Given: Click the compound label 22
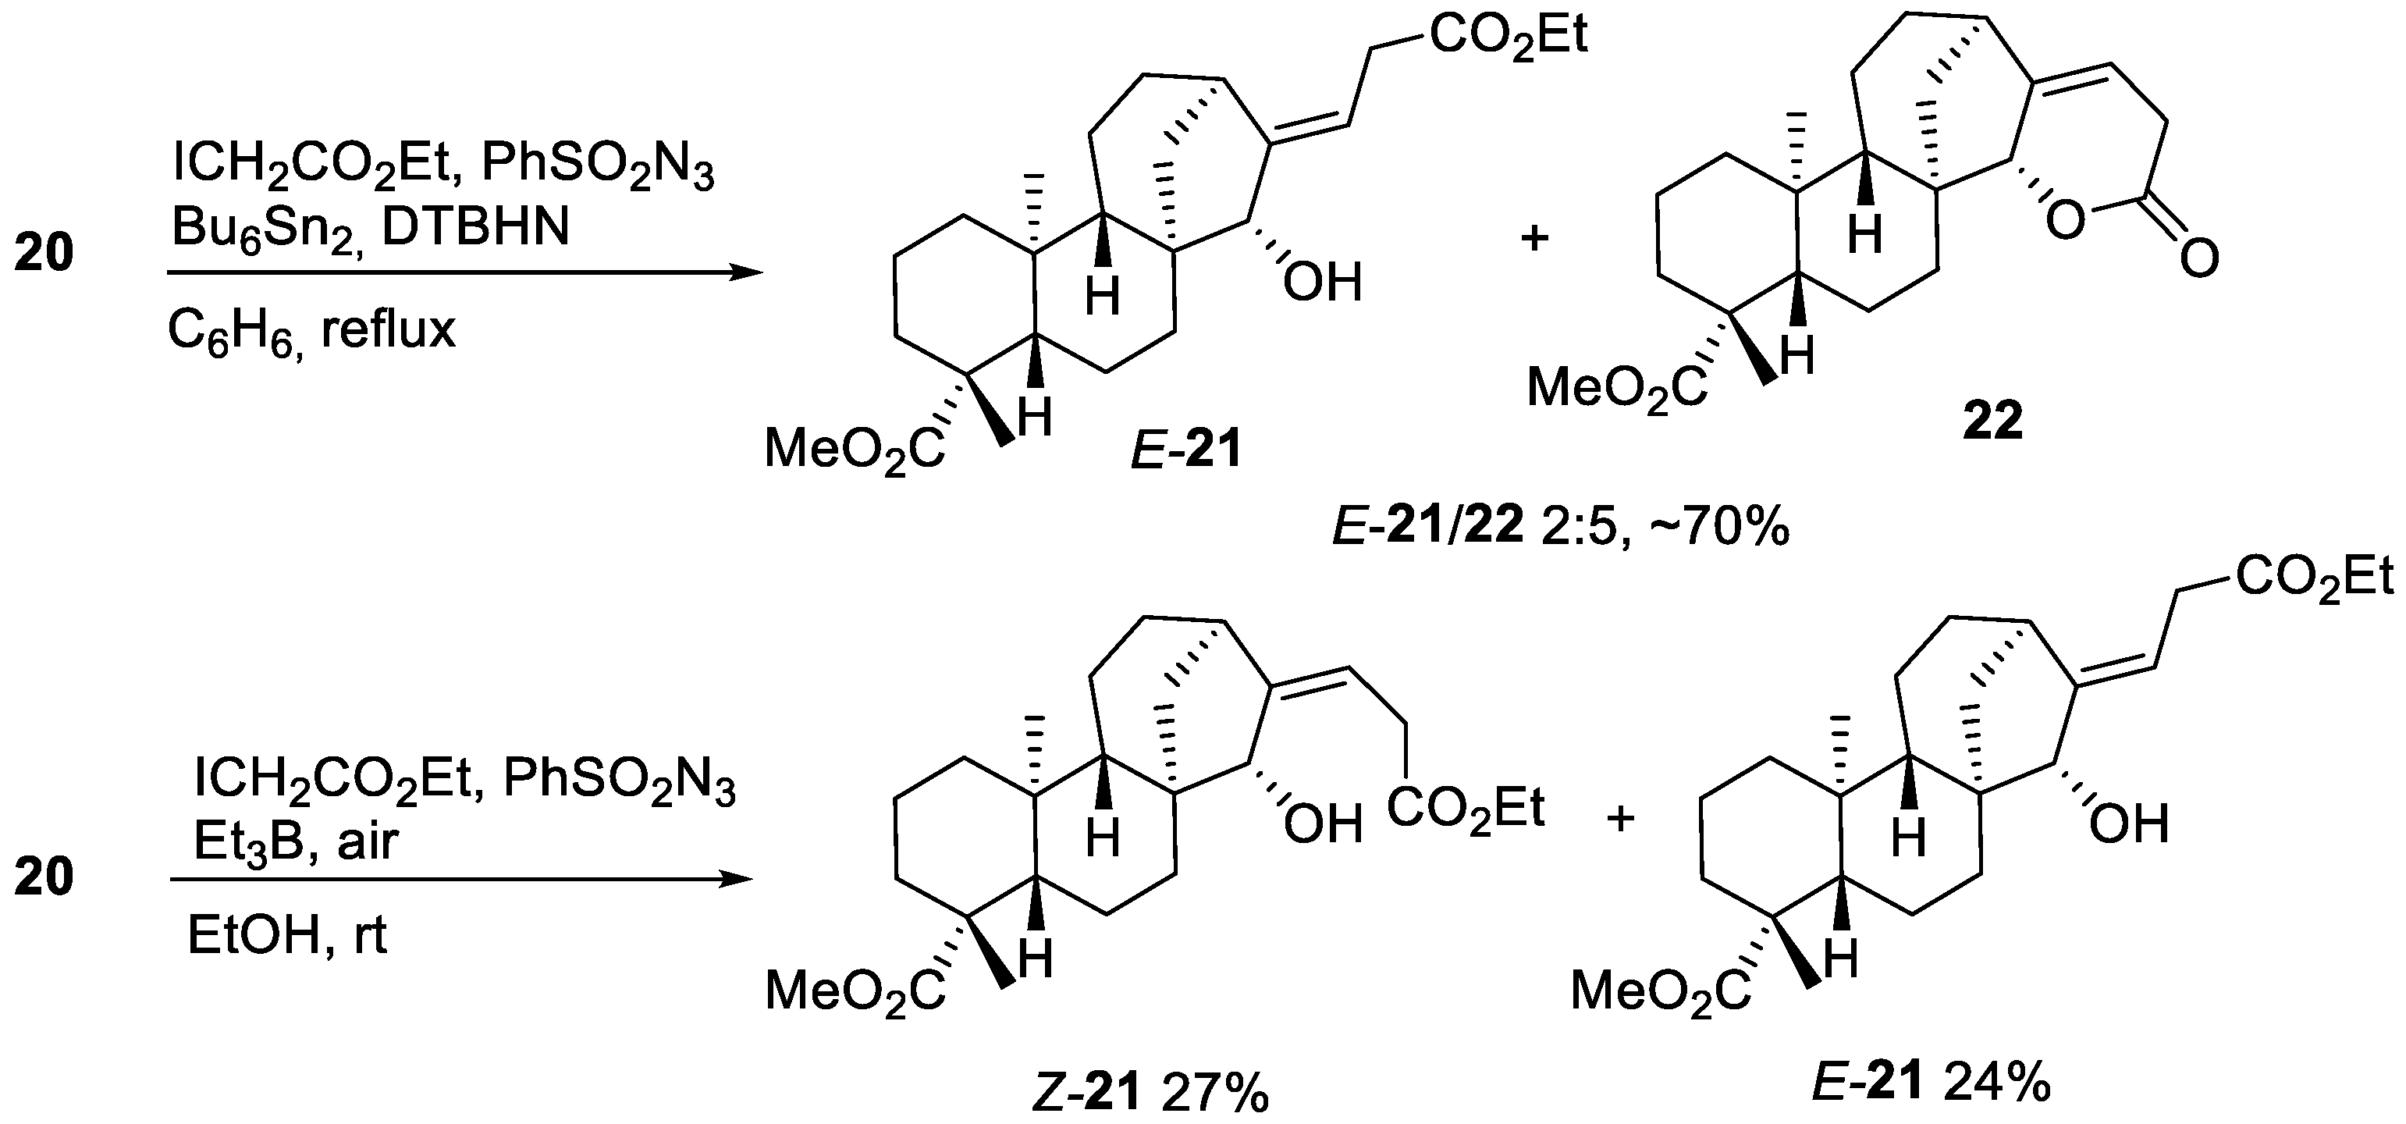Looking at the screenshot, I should (x=1993, y=422).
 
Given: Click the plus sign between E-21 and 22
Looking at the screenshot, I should (x=1534, y=237).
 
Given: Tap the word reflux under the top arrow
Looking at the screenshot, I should (x=388, y=329).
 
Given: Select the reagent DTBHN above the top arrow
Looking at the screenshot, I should (x=475, y=227).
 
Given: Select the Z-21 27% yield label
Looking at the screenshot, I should (x=1150, y=1093).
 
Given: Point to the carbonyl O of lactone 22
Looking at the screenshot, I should (x=2198, y=257).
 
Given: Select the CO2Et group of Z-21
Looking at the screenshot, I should (x=1466, y=806).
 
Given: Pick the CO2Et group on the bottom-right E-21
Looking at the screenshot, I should (x=2315, y=578).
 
